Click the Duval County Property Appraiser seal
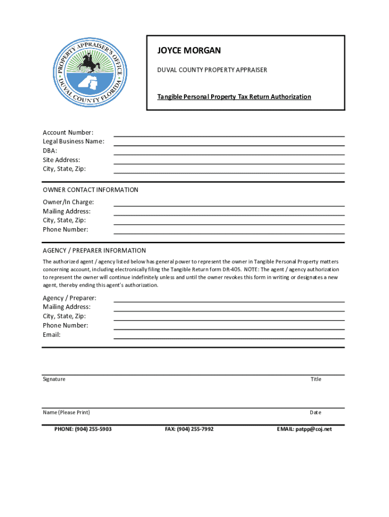point(88,71)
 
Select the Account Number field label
point(68,132)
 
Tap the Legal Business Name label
point(74,141)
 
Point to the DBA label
point(50,150)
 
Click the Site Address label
point(61,160)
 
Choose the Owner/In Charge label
point(68,202)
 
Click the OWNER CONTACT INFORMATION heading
point(90,190)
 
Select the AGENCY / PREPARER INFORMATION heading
point(94,250)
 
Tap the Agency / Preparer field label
point(70,298)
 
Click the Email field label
point(52,335)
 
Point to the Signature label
point(54,379)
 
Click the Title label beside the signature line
point(316,379)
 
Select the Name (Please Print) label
point(66,412)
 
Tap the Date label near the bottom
point(315,412)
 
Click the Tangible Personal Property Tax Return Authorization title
point(233,96)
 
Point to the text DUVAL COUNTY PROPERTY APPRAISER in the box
point(212,70)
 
